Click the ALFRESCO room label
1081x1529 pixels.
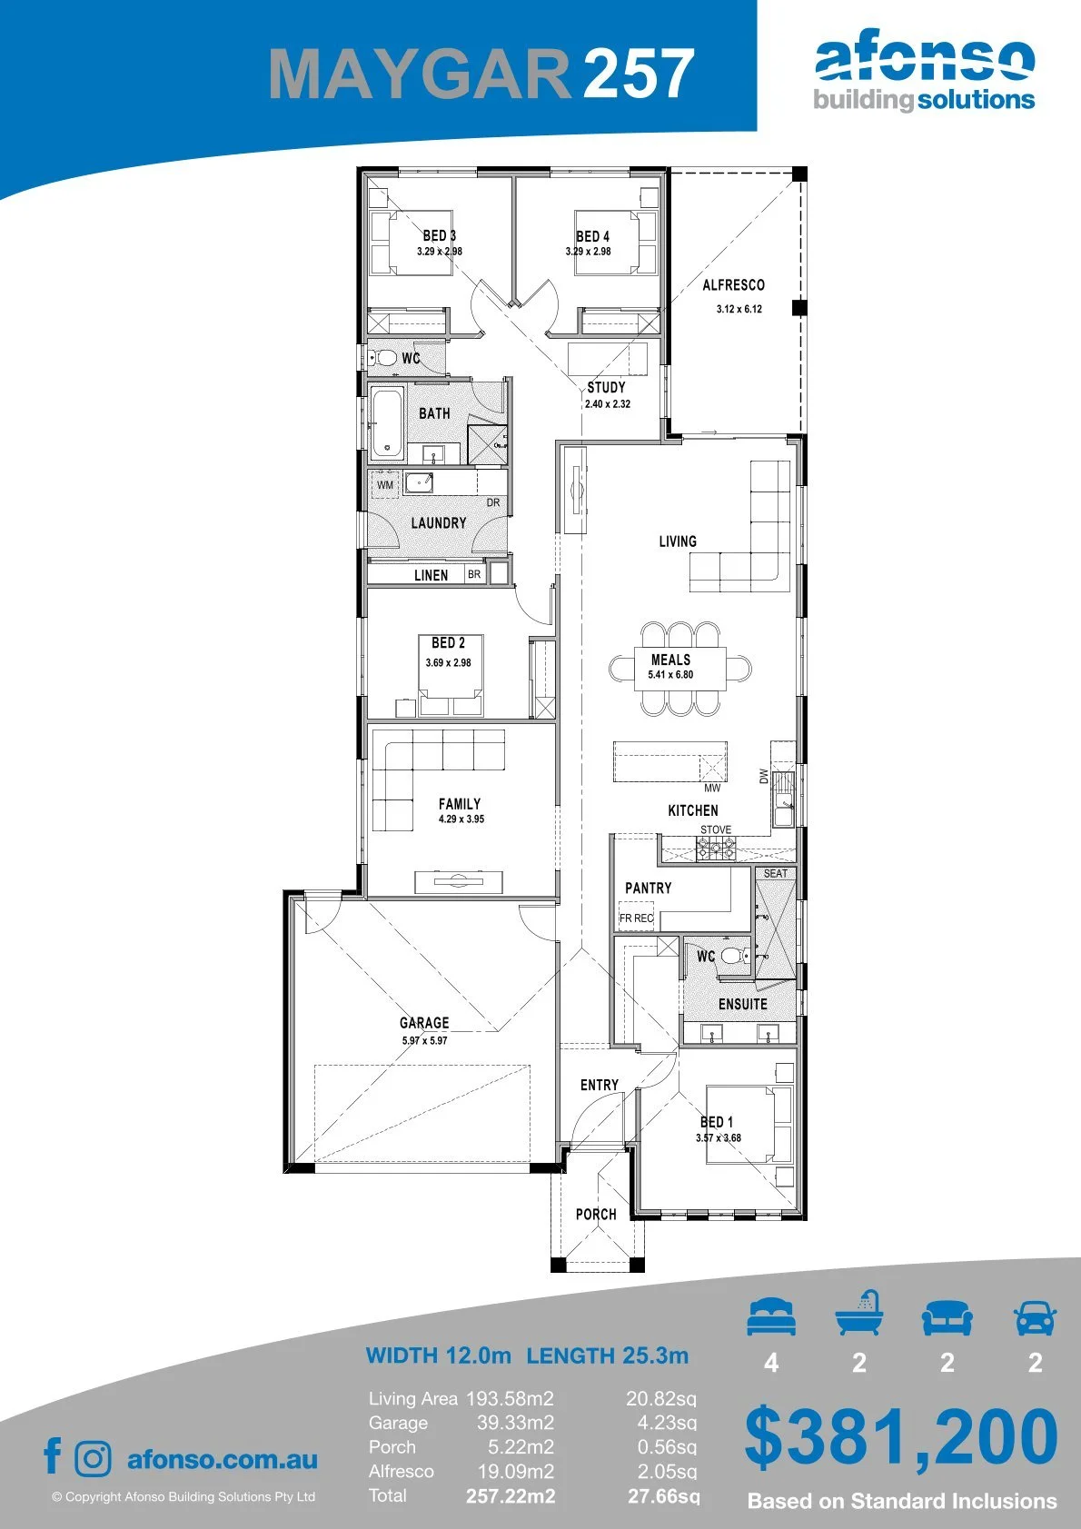click(x=734, y=284)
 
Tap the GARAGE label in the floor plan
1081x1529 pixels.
click(x=424, y=1022)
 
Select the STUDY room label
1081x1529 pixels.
click(x=606, y=387)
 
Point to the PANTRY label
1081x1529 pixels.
click(x=649, y=888)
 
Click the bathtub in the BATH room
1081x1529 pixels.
click(x=388, y=423)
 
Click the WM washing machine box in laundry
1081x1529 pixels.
click(x=385, y=484)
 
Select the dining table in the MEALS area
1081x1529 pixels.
click(x=680, y=669)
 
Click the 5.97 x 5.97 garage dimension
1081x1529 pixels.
click(x=424, y=1040)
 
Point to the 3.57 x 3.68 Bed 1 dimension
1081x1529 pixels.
click(x=719, y=1137)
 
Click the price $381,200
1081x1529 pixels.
click(x=901, y=1435)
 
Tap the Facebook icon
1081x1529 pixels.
click(x=53, y=1456)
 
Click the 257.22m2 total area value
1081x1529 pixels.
click(x=511, y=1496)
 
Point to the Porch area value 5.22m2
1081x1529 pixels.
click(x=521, y=1447)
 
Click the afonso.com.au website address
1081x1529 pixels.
click(x=223, y=1459)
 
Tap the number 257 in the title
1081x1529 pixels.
click(x=640, y=74)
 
